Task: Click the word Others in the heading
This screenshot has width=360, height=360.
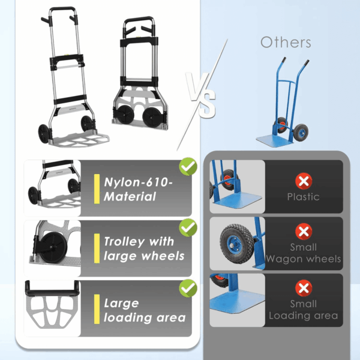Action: [286, 42]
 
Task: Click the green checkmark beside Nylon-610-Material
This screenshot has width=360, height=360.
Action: [188, 167]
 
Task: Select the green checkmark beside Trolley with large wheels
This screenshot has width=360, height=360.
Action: [188, 228]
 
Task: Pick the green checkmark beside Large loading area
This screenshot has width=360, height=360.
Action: [188, 289]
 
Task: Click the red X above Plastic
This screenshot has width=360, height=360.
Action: [304, 181]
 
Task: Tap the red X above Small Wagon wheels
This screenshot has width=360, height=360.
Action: [304, 232]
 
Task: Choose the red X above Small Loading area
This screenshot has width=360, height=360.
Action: [304, 288]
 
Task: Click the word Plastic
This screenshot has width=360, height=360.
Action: [303, 197]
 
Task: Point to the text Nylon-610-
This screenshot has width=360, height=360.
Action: [138, 182]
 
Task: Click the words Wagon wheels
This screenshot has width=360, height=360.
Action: [303, 259]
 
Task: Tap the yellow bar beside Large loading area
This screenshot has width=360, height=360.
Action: [97, 309]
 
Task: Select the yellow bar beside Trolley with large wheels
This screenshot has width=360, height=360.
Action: [97, 248]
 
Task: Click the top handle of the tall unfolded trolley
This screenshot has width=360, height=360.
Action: [62, 10]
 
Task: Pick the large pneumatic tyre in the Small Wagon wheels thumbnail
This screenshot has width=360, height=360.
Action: [237, 244]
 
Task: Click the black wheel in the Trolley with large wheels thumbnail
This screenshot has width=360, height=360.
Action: [53, 247]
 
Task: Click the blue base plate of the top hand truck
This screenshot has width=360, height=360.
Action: [275, 140]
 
